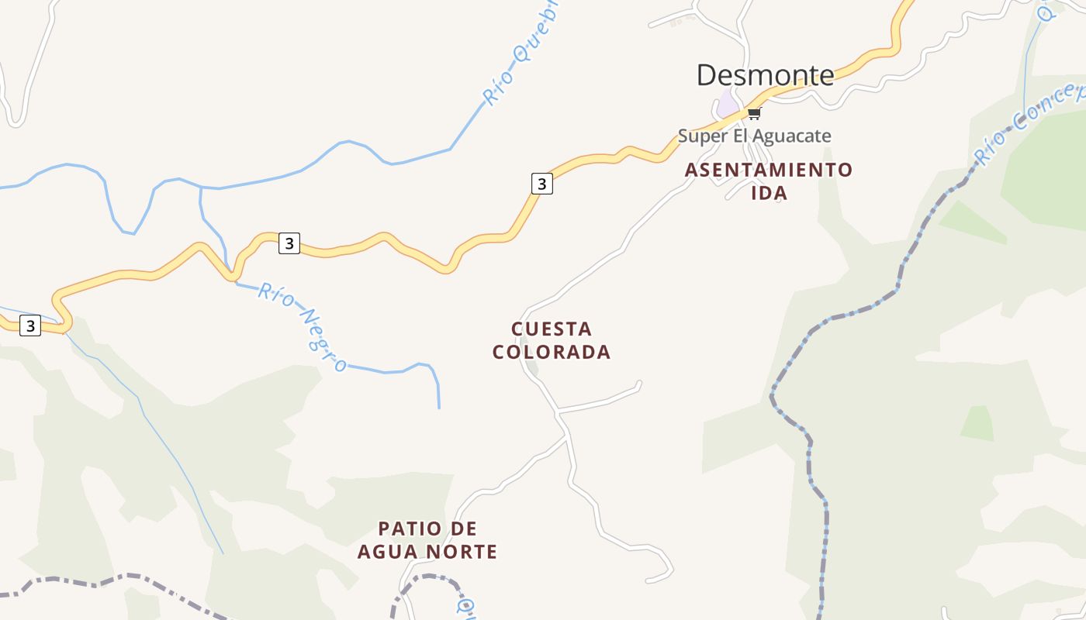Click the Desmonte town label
coord(765,75)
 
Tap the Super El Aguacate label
coord(754,136)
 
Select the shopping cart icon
coord(753,114)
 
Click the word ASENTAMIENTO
coord(768,170)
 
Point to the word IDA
coord(769,194)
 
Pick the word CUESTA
coord(552,329)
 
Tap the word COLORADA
coord(552,353)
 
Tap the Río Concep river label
coord(1028,124)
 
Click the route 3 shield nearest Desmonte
coord(541,184)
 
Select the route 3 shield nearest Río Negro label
coord(289,243)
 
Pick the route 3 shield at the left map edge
coord(29,325)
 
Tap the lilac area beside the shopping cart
coord(728,103)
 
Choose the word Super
coord(703,136)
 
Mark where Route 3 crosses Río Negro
coord(232,275)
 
